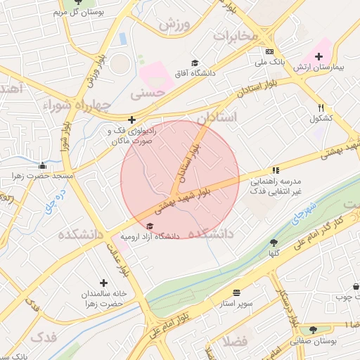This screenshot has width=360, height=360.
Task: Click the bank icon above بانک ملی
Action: [269, 51]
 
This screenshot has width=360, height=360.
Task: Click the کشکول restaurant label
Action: [321, 117]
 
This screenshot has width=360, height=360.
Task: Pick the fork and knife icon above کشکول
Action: [321, 108]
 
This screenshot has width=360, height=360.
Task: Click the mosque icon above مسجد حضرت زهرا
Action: [42, 166]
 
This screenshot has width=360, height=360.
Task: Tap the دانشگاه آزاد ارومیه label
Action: [151, 236]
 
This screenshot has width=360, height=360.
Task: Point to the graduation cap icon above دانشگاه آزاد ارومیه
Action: [150, 226]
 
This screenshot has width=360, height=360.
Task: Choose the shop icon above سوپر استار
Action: [236, 292]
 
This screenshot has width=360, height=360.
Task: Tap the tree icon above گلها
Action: [274, 243]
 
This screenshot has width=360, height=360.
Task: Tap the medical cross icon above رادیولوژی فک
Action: [132, 120]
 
